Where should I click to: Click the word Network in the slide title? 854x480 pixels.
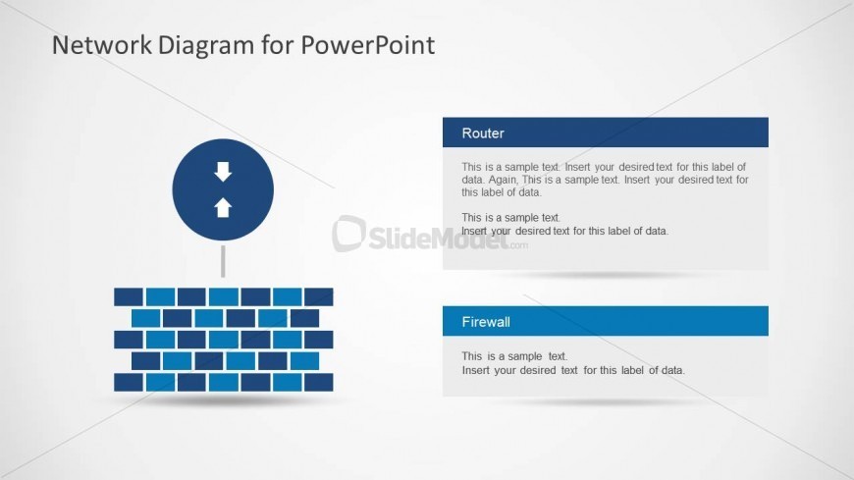point(102,45)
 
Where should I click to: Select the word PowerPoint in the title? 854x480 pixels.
point(368,45)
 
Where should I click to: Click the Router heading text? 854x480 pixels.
point(483,133)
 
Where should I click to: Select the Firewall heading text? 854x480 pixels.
point(486,322)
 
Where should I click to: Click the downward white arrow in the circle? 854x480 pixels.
point(223,172)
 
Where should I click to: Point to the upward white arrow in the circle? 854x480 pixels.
point(223,207)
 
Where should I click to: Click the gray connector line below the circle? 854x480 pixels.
point(223,261)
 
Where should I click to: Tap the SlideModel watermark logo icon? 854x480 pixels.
point(348,234)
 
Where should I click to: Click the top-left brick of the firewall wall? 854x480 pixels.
point(129,297)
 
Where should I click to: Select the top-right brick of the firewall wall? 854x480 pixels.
point(319,297)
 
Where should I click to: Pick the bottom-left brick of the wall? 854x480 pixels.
point(129,382)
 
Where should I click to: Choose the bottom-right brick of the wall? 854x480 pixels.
point(319,382)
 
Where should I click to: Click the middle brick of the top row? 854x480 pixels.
point(224,297)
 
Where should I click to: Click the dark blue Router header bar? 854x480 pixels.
point(605,133)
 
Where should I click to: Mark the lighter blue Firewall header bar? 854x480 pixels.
point(605,321)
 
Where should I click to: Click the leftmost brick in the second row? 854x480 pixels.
point(146,318)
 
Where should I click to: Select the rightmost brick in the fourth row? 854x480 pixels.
point(304,360)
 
